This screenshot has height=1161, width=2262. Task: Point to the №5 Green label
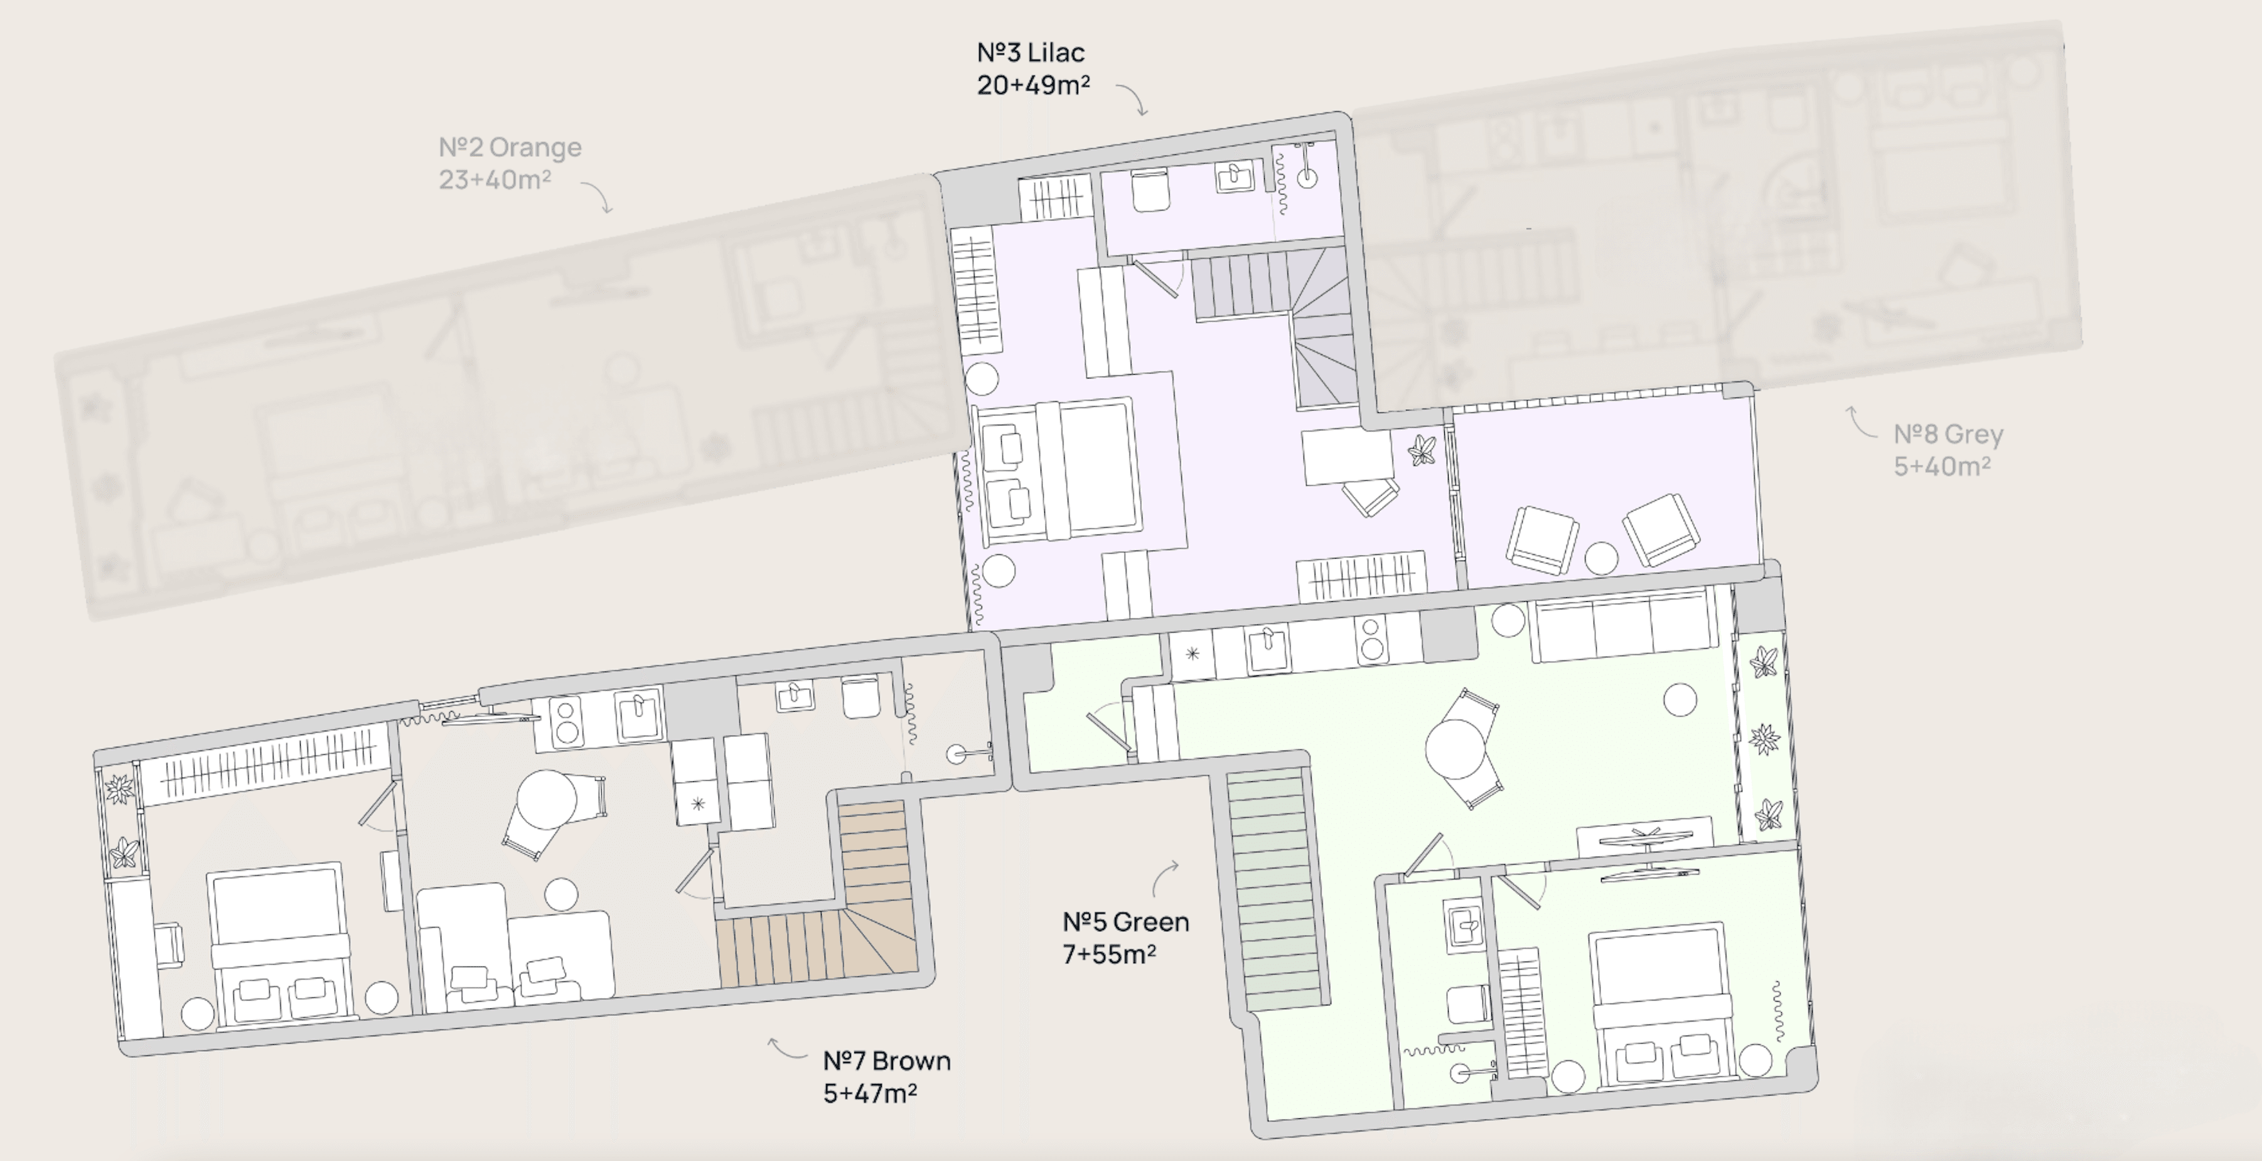[x=1126, y=922]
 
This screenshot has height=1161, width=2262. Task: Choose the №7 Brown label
[x=887, y=1061]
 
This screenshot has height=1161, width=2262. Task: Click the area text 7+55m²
[x=1109, y=954]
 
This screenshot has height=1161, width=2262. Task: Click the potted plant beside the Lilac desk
[x=1422, y=451]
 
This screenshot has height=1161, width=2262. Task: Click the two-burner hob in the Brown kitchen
[x=567, y=721]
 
